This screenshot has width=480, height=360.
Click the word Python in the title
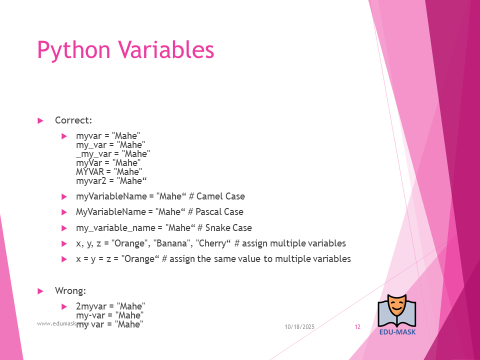(x=73, y=50)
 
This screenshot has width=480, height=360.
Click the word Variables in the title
(x=166, y=49)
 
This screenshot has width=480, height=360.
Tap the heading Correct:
(x=73, y=120)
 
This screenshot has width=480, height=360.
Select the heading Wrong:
(x=70, y=290)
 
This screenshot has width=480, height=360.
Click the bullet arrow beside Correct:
(x=40, y=120)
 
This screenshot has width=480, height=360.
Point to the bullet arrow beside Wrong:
(x=40, y=291)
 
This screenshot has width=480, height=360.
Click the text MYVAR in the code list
(x=90, y=171)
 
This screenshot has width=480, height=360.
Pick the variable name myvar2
(x=91, y=181)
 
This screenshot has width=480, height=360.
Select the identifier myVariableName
(x=111, y=196)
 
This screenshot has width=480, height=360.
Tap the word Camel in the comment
(x=209, y=196)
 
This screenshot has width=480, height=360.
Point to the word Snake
(x=216, y=228)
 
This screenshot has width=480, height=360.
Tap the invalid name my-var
(x=90, y=315)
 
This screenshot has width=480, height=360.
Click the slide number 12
(x=357, y=327)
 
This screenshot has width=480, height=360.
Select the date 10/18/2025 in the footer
(x=299, y=327)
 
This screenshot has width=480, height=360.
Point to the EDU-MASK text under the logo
(x=397, y=332)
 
